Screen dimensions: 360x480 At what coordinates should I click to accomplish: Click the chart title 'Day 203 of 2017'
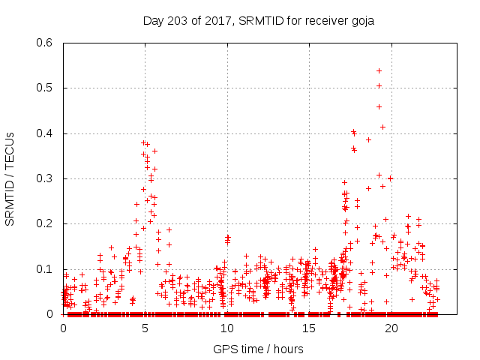[187, 20]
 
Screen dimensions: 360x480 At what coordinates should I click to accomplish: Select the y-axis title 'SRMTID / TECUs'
[10, 178]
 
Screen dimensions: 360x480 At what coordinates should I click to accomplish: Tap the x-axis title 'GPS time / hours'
[259, 349]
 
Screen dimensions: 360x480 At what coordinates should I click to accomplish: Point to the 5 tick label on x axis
[145, 328]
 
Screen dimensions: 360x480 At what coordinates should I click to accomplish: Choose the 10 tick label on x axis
[226, 328]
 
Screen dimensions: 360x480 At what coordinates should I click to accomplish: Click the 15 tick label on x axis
[308, 328]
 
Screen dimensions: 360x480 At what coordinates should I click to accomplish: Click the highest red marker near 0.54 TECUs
[379, 70]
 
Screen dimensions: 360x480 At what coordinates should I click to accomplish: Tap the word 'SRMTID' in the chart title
[259, 20]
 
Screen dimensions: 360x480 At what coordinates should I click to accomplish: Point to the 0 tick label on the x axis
[63, 328]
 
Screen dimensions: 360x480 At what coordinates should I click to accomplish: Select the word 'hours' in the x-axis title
[289, 349]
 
